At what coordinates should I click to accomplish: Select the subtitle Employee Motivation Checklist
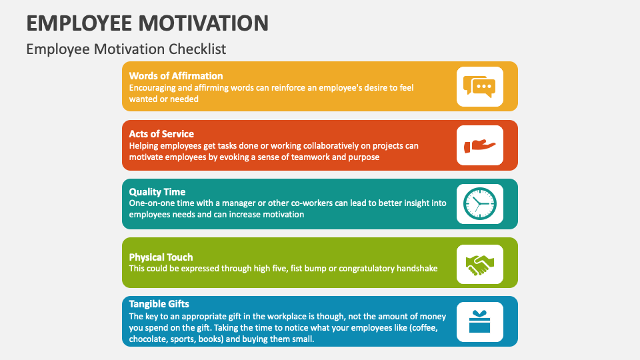click(x=126, y=49)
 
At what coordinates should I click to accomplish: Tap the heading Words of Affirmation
click(x=176, y=75)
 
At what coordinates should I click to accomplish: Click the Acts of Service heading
click(x=161, y=133)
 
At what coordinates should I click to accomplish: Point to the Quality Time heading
click(x=157, y=192)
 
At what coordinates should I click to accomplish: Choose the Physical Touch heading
click(x=161, y=257)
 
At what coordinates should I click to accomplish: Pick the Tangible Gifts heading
click(x=159, y=304)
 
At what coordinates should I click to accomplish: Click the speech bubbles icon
click(x=480, y=87)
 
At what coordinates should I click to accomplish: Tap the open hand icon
click(x=480, y=145)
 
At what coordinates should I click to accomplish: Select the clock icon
click(x=480, y=204)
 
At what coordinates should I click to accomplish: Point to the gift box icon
click(x=480, y=321)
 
